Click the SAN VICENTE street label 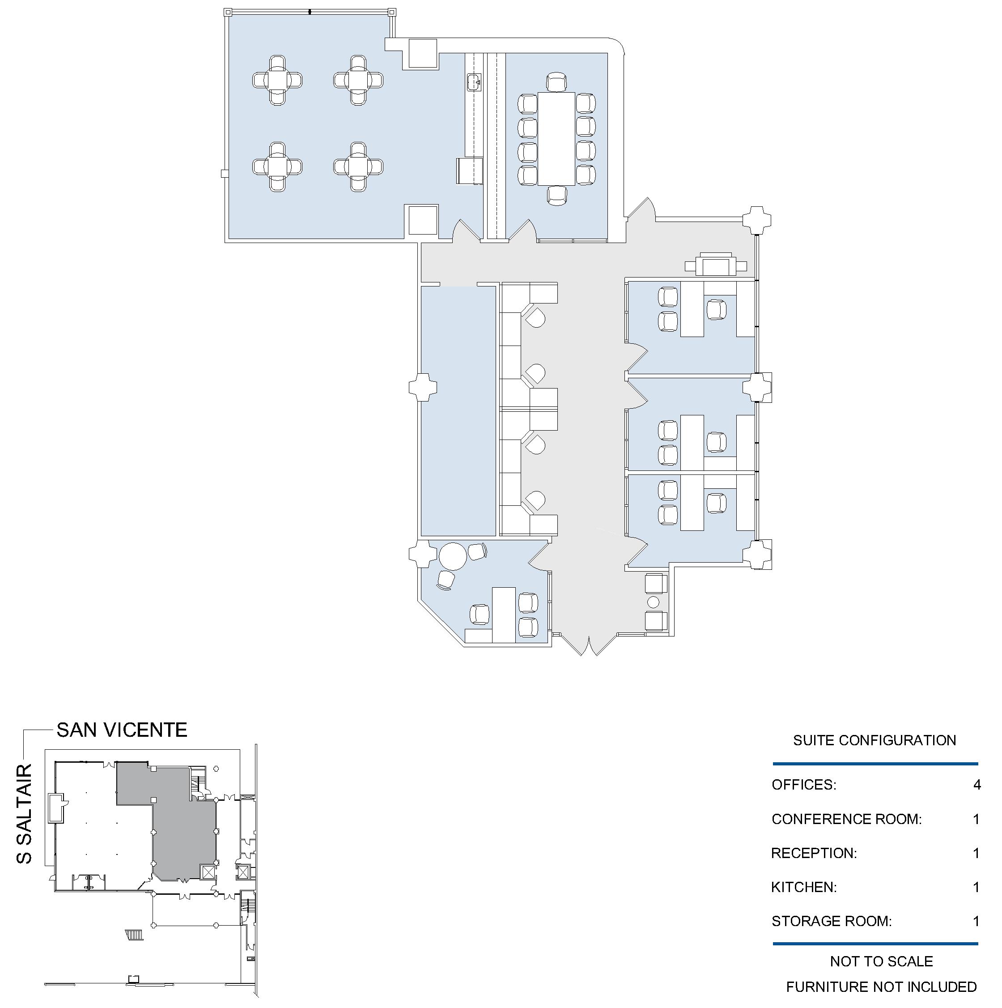(x=122, y=730)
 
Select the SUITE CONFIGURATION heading (x=874, y=740)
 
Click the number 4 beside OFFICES (x=977, y=785)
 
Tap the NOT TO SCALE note (x=882, y=961)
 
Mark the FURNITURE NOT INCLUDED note (x=882, y=987)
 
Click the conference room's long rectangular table (x=556, y=139)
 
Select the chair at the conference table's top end (x=556, y=82)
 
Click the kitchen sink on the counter (x=473, y=81)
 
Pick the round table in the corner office (x=453, y=557)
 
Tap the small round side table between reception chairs (x=653, y=602)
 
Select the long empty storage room (x=458, y=410)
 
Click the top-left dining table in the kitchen (x=277, y=81)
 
